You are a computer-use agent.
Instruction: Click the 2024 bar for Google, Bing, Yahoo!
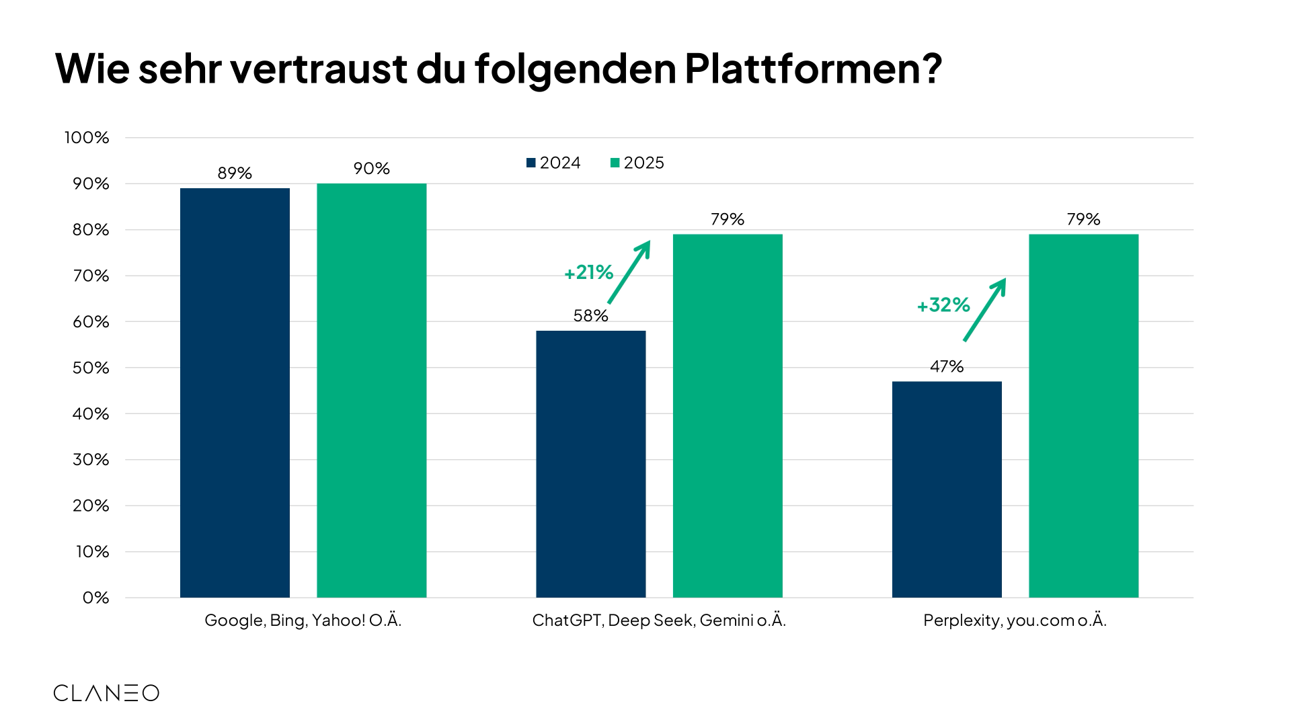coord(235,393)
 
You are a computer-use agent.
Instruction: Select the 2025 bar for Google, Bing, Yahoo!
coord(371,391)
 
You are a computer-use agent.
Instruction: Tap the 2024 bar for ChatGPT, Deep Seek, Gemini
coord(590,464)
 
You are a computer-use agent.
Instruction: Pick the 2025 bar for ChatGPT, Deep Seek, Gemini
coord(728,415)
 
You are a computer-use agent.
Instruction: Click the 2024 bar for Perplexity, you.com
coord(947,489)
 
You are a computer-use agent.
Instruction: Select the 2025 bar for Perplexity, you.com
coord(1083,415)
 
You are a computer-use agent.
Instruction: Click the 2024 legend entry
coord(553,163)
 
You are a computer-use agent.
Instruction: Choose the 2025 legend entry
coord(637,163)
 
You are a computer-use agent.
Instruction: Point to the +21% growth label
coord(588,272)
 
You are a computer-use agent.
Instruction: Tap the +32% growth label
coord(943,305)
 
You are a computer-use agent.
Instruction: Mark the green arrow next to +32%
coord(985,309)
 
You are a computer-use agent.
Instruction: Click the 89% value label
coord(235,173)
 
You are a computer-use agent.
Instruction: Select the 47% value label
coord(947,366)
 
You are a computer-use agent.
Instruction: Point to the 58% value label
coord(590,315)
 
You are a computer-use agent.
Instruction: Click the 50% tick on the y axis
coord(91,368)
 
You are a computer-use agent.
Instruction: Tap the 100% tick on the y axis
coord(87,138)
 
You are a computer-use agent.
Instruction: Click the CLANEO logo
coord(106,693)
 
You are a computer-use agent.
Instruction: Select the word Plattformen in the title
coord(812,69)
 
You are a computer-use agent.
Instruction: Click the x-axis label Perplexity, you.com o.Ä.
coord(1015,620)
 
